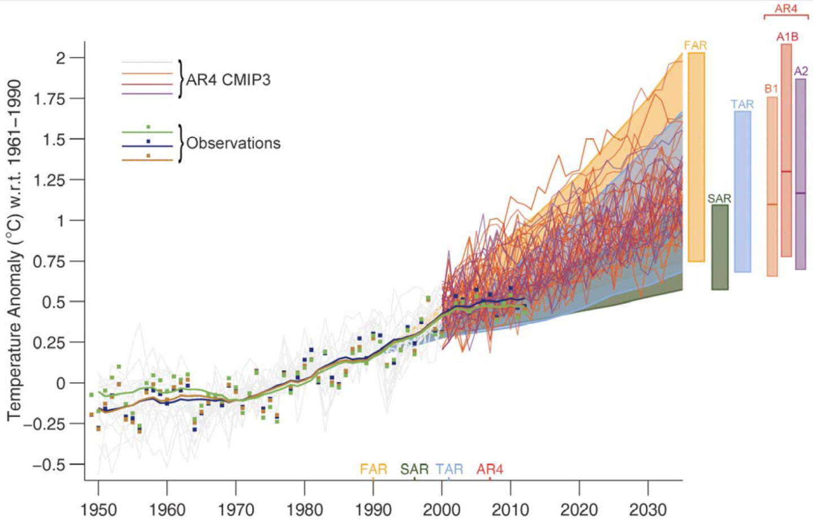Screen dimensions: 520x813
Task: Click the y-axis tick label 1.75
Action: coord(50,99)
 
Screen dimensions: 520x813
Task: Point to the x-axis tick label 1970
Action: coord(236,510)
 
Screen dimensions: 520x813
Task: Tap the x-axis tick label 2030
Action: coord(648,510)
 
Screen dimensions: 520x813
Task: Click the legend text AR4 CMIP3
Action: coord(228,80)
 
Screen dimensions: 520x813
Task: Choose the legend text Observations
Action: coord(233,143)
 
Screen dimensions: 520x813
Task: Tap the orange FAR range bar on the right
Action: coord(696,157)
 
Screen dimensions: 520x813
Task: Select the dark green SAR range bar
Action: coord(719,247)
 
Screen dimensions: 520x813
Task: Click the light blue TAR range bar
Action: coord(742,191)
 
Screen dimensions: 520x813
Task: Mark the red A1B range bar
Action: coord(786,150)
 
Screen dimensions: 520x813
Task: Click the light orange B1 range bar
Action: coord(772,186)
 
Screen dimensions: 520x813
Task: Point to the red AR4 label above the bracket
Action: coord(786,8)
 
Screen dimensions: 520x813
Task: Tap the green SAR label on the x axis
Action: coord(414,469)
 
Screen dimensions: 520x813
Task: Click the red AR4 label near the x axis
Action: coord(489,469)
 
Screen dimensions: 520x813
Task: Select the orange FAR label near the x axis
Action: coord(373,469)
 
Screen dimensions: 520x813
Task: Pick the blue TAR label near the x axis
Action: coord(449,469)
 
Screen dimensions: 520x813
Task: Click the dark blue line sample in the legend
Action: coord(147,146)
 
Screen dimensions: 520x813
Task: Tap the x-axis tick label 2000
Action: coord(442,510)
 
